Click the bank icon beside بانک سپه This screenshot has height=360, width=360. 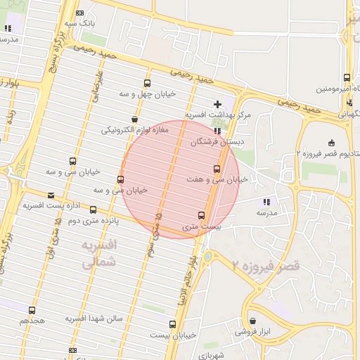(x=79, y=13)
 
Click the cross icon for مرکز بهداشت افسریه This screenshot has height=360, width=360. (x=217, y=104)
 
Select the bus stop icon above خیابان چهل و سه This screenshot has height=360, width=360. (x=147, y=83)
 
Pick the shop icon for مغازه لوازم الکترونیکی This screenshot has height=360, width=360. (x=134, y=120)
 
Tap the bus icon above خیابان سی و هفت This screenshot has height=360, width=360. (x=217, y=169)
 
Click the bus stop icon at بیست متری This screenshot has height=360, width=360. (x=202, y=215)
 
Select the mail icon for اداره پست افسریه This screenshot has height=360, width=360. (x=50, y=195)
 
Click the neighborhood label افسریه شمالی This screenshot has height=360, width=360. (x=98, y=255)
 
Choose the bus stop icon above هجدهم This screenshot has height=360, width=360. (x=32, y=309)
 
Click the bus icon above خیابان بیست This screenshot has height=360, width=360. (x=173, y=324)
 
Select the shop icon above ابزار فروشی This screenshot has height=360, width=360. (x=252, y=321)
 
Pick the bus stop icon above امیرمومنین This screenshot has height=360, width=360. (x=347, y=78)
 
